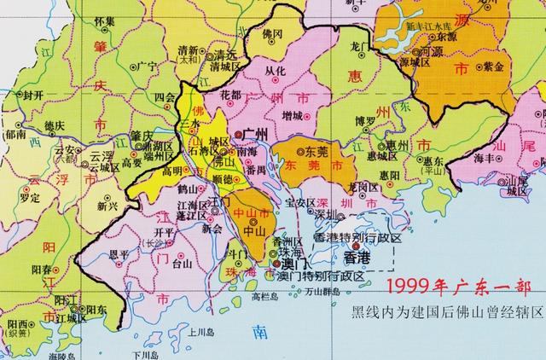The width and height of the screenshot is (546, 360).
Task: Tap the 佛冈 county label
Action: click(x=273, y=36)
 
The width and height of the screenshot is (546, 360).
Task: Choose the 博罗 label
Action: click(x=365, y=119)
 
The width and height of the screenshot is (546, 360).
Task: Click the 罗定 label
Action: click(x=30, y=197)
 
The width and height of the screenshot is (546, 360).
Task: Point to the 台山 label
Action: click(x=181, y=264)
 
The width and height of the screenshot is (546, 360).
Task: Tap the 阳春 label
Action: click(x=42, y=267)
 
